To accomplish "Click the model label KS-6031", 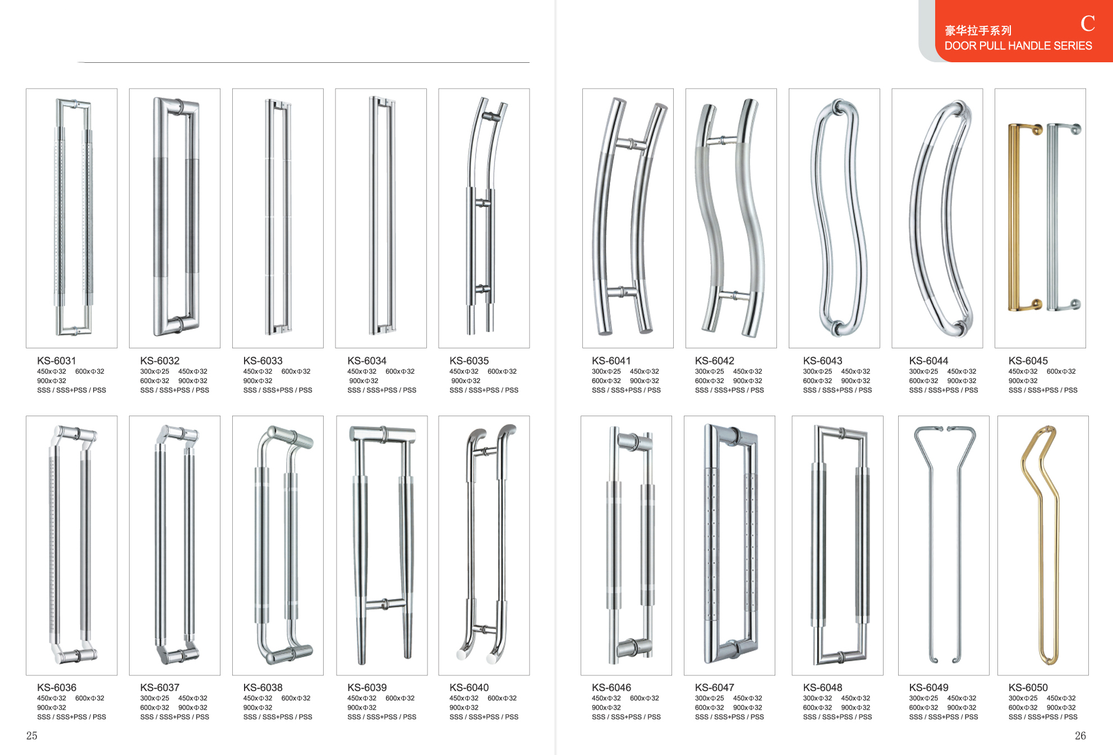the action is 56,361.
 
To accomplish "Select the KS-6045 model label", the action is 1028,361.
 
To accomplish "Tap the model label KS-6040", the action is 469,687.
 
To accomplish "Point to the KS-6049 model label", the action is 928,687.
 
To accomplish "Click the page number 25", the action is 31,735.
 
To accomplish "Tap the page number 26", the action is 1080,735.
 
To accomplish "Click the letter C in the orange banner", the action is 1088,24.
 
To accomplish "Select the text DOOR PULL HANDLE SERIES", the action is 1018,46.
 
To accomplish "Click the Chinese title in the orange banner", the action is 978,30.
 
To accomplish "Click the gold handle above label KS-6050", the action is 1040,544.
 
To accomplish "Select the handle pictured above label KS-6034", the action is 381,215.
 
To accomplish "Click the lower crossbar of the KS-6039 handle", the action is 385,604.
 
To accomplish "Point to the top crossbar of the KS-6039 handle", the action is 383,434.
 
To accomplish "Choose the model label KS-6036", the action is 56,687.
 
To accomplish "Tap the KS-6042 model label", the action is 714,361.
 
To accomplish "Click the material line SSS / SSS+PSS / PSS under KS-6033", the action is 278,390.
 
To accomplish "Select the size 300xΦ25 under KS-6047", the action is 709,698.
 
